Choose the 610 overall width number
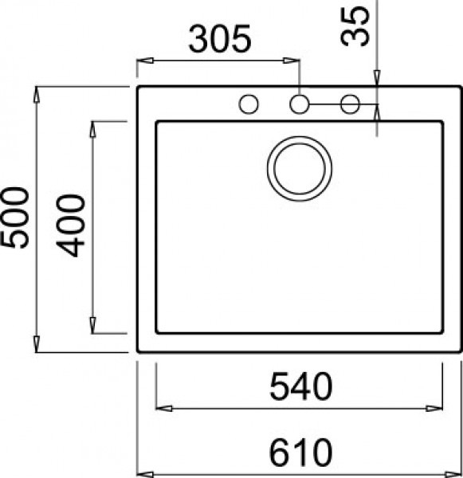click(299, 453)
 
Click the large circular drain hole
click(300, 169)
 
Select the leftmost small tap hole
click(249, 104)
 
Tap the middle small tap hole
click(300, 104)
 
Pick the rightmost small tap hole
click(350, 104)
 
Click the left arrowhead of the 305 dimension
click(144, 61)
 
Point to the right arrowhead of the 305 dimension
click(294, 61)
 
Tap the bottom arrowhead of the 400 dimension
click(94, 327)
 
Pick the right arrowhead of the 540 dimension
click(437, 409)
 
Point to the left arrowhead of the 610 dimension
click(144, 472)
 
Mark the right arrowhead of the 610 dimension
click(455, 472)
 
